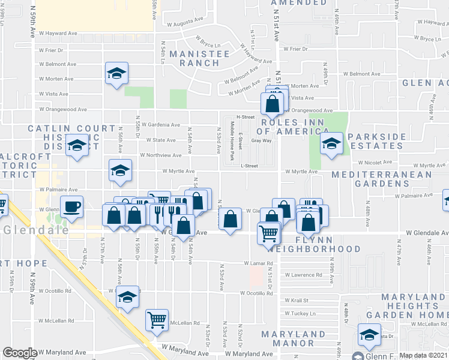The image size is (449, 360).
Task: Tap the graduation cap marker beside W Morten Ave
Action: [x=116, y=74]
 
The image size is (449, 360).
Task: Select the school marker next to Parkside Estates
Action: [x=331, y=143]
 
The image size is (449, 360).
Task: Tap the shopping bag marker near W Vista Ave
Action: [x=273, y=103]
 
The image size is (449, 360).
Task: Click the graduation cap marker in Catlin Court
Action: [x=77, y=146]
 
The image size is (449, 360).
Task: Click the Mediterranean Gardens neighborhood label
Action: [x=382, y=175]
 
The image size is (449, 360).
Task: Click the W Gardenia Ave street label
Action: [x=159, y=125]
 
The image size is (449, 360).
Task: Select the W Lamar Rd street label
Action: [x=259, y=263]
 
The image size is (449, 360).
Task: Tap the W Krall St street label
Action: [x=296, y=300]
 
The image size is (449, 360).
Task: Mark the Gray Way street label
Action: [x=261, y=141]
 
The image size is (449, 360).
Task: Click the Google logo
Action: [x=20, y=353]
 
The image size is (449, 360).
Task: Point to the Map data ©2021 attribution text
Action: [x=423, y=355]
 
